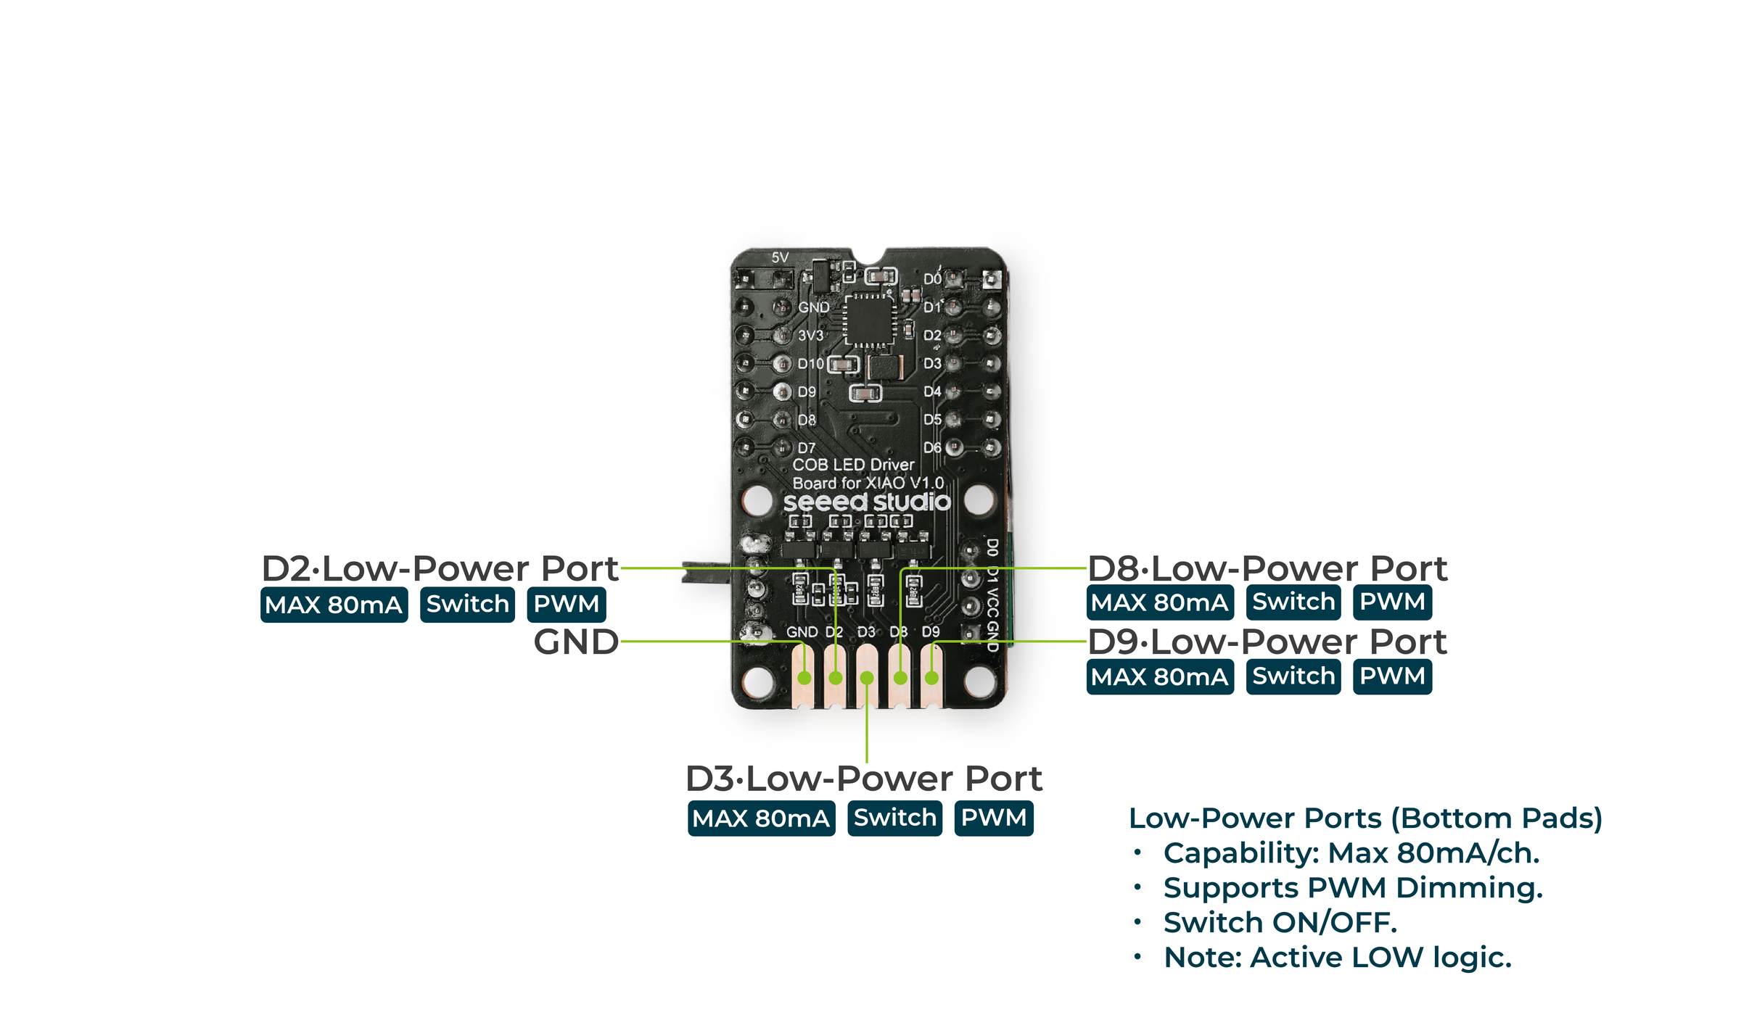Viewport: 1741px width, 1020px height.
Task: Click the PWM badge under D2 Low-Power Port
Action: pyautogui.click(x=566, y=604)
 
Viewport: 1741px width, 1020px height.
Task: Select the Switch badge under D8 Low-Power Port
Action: pyautogui.click(x=1293, y=602)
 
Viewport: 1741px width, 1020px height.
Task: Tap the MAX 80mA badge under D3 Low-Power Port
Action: pyautogui.click(x=761, y=818)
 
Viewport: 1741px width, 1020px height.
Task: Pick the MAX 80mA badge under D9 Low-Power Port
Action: pyautogui.click(x=1159, y=676)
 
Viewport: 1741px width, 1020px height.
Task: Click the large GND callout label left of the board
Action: pyautogui.click(x=576, y=642)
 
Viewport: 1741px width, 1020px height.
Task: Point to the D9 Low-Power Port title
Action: pyautogui.click(x=1267, y=642)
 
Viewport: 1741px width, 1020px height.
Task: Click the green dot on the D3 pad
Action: pyautogui.click(x=867, y=679)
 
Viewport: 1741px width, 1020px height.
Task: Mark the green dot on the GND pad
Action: pyautogui.click(x=804, y=679)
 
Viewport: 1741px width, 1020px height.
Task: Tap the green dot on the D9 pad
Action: pyautogui.click(x=931, y=679)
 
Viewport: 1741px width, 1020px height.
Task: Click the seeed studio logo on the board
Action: pyautogui.click(x=867, y=502)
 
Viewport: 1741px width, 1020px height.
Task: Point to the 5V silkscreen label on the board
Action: pyautogui.click(x=780, y=257)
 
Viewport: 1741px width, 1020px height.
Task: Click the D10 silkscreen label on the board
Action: pyautogui.click(x=810, y=363)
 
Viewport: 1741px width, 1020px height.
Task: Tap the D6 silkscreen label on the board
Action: pyautogui.click(x=932, y=447)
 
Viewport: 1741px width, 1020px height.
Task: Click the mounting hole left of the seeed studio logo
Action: pyautogui.click(x=758, y=499)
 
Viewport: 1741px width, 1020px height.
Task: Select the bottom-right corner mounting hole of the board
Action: pyautogui.click(x=979, y=681)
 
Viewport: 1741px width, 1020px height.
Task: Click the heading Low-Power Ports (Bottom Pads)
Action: pyautogui.click(x=1365, y=818)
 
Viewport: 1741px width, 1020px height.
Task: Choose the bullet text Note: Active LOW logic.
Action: pyautogui.click(x=1337, y=957)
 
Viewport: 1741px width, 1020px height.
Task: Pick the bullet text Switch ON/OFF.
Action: pyautogui.click(x=1280, y=922)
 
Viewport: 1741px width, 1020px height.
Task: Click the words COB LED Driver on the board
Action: pyautogui.click(x=853, y=465)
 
